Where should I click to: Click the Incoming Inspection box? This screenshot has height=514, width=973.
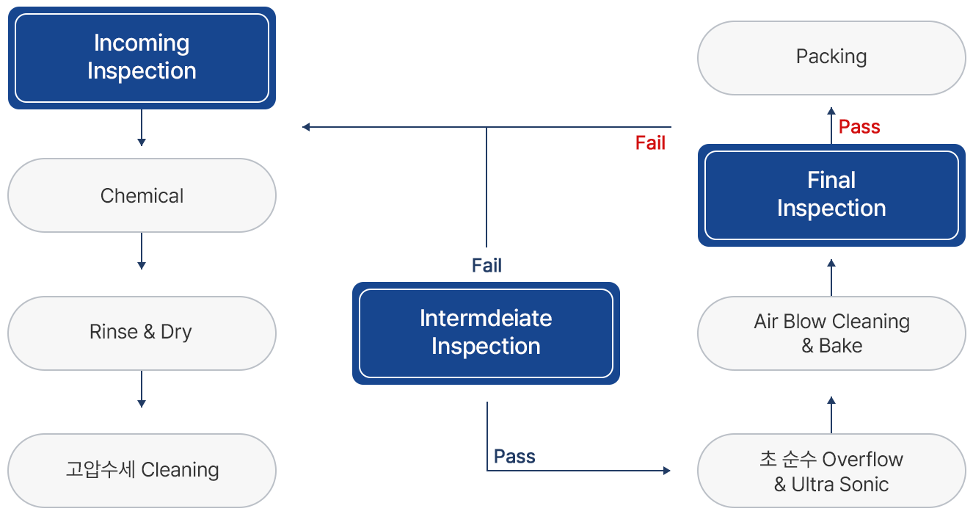(x=142, y=58)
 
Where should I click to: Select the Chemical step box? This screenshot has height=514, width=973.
(x=142, y=195)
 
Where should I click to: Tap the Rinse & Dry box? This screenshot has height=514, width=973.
(x=142, y=333)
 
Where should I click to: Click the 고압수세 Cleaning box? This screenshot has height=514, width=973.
(x=142, y=471)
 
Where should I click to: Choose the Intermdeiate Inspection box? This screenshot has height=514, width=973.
(x=486, y=333)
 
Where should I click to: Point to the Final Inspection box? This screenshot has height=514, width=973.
(x=831, y=195)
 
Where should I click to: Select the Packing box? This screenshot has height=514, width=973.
(x=831, y=58)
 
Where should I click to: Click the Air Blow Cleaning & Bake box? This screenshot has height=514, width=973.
(x=831, y=333)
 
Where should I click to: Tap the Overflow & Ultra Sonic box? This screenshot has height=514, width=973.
(x=831, y=471)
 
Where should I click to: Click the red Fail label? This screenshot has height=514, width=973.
(x=650, y=143)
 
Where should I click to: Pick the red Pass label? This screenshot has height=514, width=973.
(x=859, y=127)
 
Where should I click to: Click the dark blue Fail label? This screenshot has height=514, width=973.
(x=487, y=266)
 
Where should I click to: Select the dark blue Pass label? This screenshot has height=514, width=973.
(x=514, y=457)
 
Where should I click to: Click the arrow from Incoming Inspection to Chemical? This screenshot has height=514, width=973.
(x=142, y=128)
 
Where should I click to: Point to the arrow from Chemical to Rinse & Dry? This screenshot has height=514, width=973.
(x=142, y=251)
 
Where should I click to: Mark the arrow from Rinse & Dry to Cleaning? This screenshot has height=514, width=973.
(x=142, y=389)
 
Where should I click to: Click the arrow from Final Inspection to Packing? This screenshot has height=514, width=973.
(x=831, y=125)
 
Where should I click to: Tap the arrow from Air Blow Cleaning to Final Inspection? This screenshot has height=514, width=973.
(x=831, y=278)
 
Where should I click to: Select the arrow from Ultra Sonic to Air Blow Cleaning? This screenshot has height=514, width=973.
(x=831, y=415)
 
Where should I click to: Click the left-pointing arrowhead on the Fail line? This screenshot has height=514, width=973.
(x=306, y=127)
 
